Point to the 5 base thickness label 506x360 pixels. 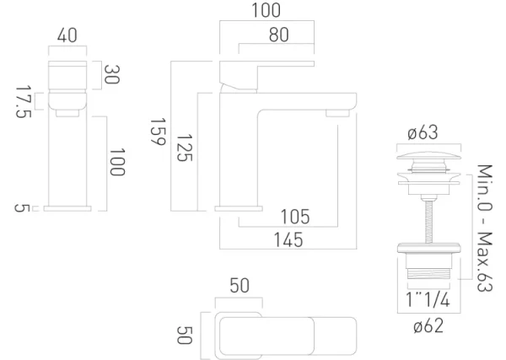(x=21, y=207)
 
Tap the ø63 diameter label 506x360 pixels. (x=423, y=133)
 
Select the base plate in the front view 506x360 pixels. (x=67, y=207)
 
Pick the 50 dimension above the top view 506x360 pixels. (x=240, y=287)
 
